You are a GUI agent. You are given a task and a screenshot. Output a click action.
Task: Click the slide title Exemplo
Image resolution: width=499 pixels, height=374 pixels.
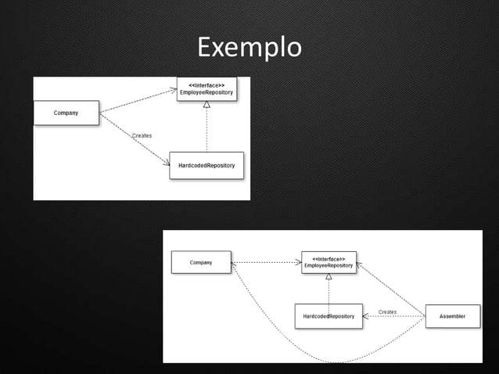(249, 47)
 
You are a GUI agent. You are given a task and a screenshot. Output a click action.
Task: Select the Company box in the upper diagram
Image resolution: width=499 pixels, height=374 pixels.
(66, 113)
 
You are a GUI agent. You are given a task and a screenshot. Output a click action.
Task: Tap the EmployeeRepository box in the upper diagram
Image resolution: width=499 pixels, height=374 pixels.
(206, 89)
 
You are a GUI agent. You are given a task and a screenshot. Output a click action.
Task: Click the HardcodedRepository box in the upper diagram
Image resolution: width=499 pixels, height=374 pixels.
(206, 165)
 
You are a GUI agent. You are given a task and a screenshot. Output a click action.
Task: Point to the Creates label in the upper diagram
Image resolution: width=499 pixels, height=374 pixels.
(142, 135)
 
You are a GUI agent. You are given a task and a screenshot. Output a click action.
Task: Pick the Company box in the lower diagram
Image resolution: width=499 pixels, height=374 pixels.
(201, 262)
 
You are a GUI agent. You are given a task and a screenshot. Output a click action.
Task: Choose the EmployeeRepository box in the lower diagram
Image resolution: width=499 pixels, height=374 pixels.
(328, 262)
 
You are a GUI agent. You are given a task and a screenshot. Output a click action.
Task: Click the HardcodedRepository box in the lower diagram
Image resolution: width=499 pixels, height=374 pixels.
(328, 316)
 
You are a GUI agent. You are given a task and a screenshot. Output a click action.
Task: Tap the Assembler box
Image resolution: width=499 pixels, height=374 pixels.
(452, 316)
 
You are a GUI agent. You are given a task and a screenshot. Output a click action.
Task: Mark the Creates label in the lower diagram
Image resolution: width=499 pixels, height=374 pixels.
(387, 311)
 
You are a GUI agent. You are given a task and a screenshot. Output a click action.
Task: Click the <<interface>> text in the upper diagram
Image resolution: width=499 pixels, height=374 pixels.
(206, 85)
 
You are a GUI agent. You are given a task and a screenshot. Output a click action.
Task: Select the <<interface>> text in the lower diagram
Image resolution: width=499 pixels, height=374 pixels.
(328, 258)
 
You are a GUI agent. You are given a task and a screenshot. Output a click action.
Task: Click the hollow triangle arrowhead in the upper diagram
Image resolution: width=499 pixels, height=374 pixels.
(206, 105)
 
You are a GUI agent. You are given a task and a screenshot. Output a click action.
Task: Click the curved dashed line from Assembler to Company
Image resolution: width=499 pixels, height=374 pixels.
(336, 362)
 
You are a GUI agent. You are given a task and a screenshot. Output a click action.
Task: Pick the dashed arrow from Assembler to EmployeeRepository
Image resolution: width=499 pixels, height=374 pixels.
(391, 289)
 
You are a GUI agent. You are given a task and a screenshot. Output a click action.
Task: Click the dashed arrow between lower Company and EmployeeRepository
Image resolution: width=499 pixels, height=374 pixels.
(266, 262)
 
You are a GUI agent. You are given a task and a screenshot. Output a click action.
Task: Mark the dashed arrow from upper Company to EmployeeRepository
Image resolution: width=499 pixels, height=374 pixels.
(138, 101)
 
